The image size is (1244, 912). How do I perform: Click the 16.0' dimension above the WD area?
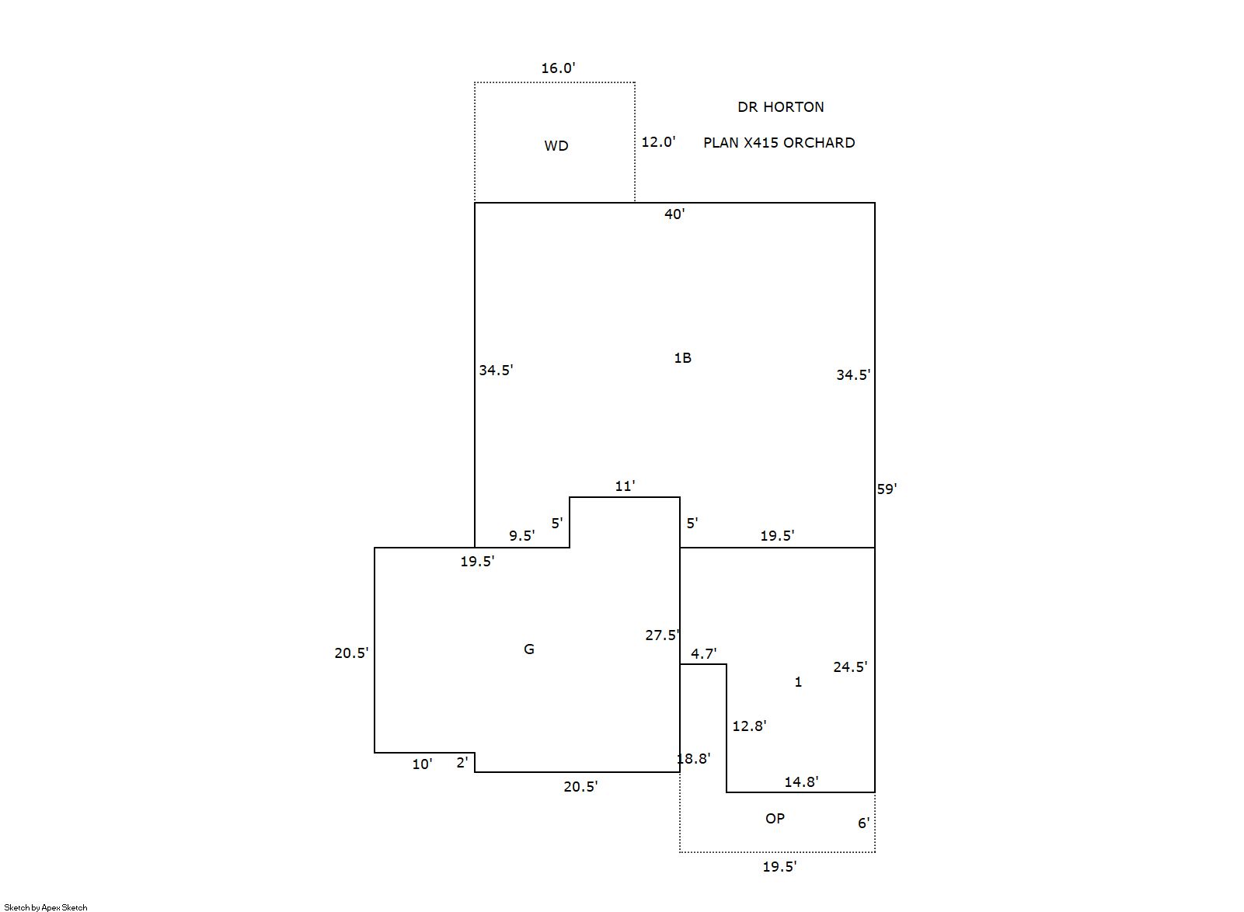pos(558,68)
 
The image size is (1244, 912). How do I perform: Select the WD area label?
pos(556,146)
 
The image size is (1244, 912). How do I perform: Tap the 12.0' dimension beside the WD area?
pos(658,142)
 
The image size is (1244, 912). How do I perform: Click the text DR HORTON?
pos(781,107)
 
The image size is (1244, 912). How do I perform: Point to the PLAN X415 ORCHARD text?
pos(779,143)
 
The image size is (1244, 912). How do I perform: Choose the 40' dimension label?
pos(674,214)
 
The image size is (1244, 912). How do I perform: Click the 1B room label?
pos(682,358)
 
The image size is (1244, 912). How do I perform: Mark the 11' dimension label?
pos(625,486)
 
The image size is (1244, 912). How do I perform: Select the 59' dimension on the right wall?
pos(887,489)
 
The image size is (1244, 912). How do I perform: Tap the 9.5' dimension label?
pos(521,536)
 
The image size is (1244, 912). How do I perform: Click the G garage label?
pos(529,649)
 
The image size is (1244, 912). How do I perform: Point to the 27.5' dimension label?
pos(662,635)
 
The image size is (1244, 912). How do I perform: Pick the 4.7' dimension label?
pos(703,654)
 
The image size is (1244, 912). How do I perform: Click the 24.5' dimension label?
pos(850,667)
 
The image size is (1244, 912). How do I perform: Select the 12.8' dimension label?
pos(749,726)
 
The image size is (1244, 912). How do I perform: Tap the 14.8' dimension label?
pos(801,782)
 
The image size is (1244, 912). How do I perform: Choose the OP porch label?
pos(775,819)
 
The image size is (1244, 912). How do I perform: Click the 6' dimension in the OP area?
pos(863,823)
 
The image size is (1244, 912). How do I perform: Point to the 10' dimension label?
pos(422,764)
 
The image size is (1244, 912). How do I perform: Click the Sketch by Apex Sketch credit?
pos(46,907)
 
